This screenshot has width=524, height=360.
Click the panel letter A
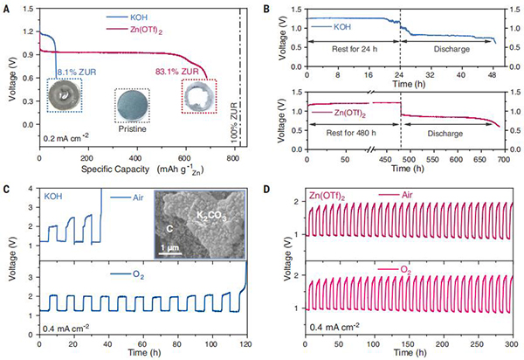[6, 7]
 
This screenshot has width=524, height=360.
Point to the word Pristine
[134, 127]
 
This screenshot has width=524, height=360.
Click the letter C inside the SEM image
[159, 230]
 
